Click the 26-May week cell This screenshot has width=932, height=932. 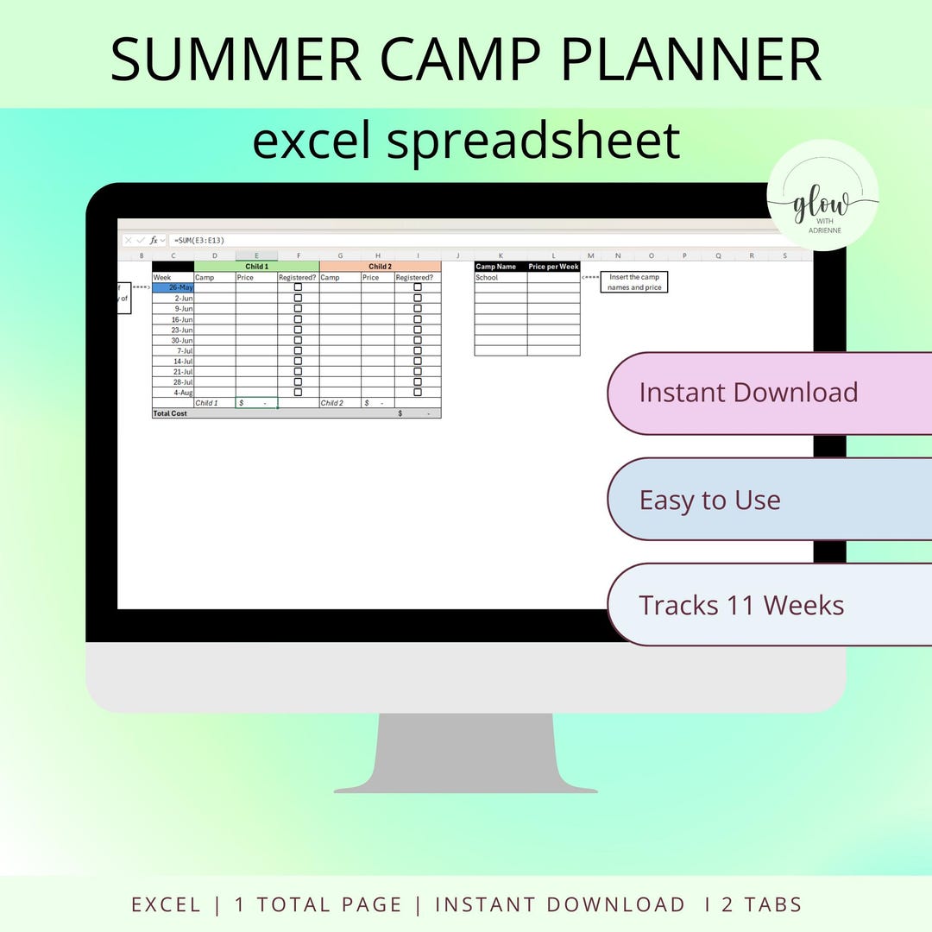[x=173, y=287]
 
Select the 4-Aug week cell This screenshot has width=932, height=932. [x=173, y=393]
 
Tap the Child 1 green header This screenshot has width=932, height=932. [x=256, y=267]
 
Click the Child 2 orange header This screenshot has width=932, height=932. [x=380, y=267]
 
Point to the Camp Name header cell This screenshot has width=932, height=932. [x=501, y=267]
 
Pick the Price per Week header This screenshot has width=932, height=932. [x=553, y=267]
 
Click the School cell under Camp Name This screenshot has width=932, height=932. [x=501, y=278]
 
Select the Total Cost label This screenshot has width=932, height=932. [x=170, y=413]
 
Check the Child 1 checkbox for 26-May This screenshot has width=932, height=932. [x=298, y=287]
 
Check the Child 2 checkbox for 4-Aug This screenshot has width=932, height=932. [x=418, y=393]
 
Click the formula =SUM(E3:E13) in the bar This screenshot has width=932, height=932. [x=199, y=240]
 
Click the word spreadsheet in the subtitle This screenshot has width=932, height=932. [x=532, y=140]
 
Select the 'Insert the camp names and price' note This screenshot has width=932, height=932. [x=634, y=282]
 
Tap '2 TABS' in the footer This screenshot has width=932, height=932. [x=763, y=904]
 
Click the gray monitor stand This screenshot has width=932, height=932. [x=466, y=751]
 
